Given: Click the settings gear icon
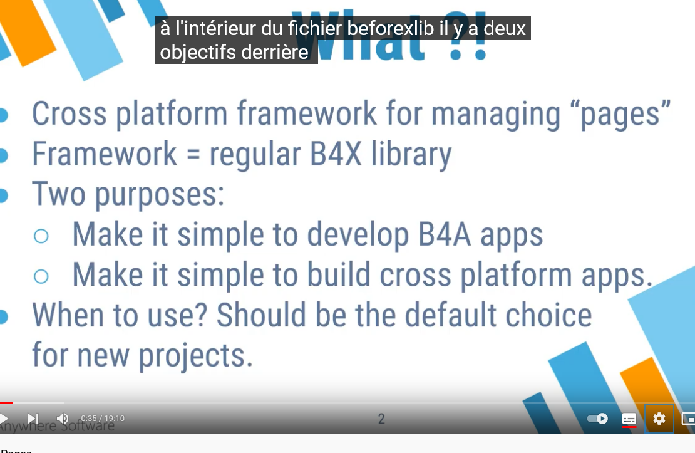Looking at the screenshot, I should click(659, 419).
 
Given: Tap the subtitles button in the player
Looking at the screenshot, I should click(629, 419).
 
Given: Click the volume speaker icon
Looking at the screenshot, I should click(63, 418).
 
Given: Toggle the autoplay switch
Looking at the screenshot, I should click(597, 419).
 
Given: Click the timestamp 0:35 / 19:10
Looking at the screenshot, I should click(103, 419).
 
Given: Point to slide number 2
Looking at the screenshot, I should click(381, 419).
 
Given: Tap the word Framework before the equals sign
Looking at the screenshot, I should click(105, 154).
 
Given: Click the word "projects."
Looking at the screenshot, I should click(195, 356).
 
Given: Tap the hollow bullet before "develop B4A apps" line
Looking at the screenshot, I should click(41, 236).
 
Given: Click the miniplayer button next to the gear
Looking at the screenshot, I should click(687, 419).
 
